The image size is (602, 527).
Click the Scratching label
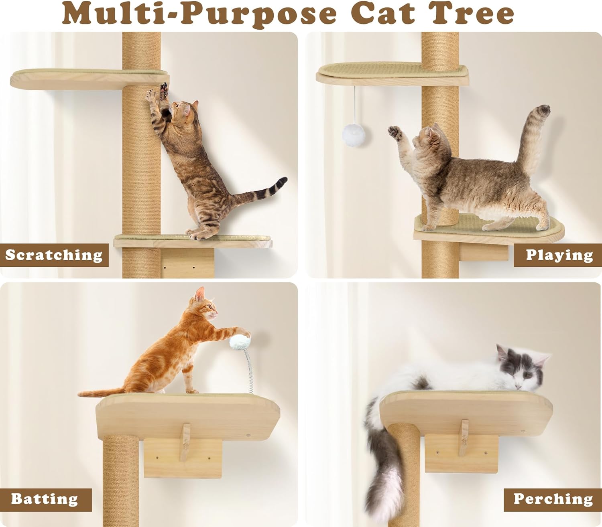click(x=54, y=255)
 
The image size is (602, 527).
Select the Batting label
click(x=45, y=499)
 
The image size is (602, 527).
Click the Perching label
click(x=553, y=499)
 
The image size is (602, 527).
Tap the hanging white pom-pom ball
click(x=354, y=135)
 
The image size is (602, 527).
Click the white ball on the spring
click(x=240, y=342)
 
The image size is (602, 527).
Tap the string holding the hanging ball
click(x=354, y=104)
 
